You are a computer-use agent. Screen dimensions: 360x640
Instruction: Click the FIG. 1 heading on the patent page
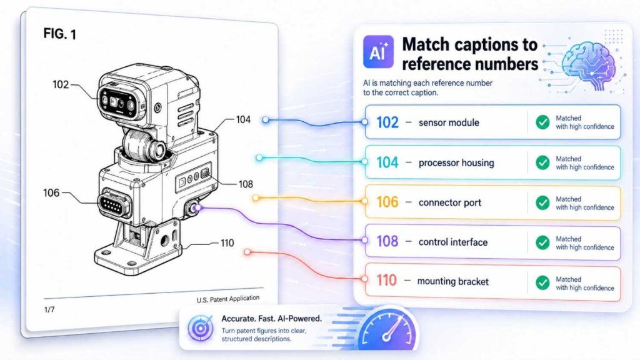coord(60,35)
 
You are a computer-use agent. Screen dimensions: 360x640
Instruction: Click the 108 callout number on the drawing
coord(246,184)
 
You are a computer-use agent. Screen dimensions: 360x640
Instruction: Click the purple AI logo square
coord(378,52)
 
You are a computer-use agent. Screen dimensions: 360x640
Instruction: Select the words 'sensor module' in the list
coord(449,122)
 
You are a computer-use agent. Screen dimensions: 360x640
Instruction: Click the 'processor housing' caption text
coord(456,162)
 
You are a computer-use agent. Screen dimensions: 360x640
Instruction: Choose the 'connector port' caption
coord(450,202)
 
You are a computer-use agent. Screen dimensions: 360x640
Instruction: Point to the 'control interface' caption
coord(453,242)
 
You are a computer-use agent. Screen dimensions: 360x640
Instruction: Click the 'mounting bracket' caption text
coord(453,281)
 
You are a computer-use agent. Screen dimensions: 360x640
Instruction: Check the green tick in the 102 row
coord(542,122)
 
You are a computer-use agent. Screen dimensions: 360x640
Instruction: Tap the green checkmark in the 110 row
coord(542,282)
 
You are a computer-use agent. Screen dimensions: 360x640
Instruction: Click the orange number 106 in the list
coord(387,202)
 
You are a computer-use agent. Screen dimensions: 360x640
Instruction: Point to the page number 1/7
coord(50,309)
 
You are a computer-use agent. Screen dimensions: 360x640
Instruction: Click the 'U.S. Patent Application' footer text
coord(227,299)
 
